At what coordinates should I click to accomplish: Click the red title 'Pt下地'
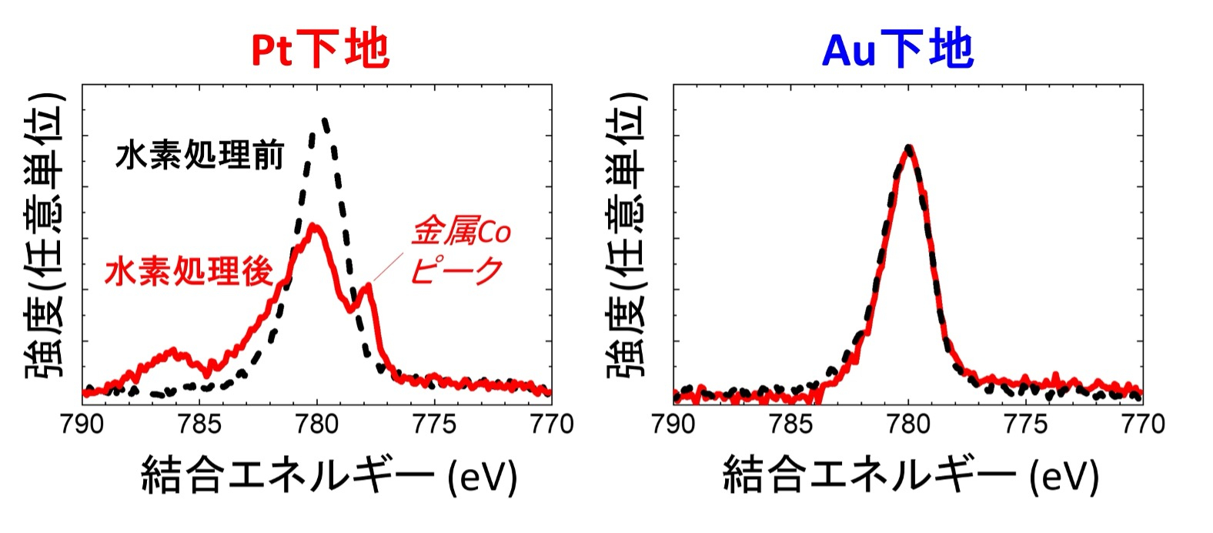(320, 50)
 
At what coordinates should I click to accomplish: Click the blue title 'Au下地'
(897, 50)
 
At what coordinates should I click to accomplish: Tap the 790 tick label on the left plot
(82, 424)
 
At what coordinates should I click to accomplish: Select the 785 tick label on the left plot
(199, 424)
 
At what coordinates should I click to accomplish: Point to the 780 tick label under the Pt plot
(316, 424)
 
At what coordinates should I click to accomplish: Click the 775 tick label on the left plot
(434, 424)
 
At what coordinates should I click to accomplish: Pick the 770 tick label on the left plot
(551, 424)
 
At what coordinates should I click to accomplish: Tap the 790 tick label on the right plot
(673, 424)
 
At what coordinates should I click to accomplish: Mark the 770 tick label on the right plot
(1142, 424)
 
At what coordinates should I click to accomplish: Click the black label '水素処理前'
(199, 156)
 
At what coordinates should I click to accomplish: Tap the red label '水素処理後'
(189, 272)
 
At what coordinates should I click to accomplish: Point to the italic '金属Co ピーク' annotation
(460, 251)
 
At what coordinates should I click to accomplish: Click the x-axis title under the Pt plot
(329, 476)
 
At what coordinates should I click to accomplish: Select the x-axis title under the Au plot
(910, 476)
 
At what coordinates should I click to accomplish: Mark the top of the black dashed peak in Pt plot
(324, 120)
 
